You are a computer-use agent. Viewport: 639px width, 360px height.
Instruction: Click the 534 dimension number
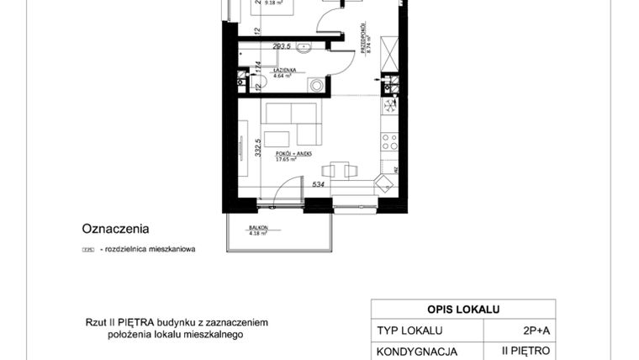(319, 183)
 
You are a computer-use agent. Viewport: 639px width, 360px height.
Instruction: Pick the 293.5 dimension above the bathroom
(280, 46)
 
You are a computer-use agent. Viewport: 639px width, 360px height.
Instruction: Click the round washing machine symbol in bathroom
(316, 84)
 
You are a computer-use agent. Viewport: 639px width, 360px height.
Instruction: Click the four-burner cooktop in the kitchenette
(389, 105)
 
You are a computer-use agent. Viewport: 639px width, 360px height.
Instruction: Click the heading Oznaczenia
(115, 228)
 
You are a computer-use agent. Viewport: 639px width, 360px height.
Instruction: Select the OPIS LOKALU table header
(462, 308)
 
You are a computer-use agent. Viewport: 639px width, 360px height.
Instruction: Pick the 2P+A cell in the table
(528, 330)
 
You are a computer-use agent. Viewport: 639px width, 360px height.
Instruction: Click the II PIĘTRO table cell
(528, 351)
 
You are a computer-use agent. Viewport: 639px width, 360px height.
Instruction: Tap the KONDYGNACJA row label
(418, 351)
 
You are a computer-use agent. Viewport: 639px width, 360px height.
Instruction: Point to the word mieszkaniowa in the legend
(169, 249)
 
